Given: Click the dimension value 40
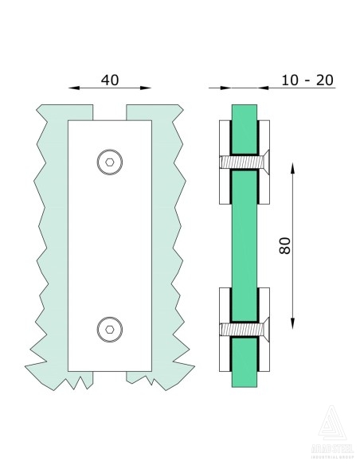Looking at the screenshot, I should (110, 80).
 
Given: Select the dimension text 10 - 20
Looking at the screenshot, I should (307, 80).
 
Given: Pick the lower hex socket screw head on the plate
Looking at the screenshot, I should (109, 326).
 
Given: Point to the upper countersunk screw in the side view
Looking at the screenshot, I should (244, 162).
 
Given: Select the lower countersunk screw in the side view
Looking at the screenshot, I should (244, 327).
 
